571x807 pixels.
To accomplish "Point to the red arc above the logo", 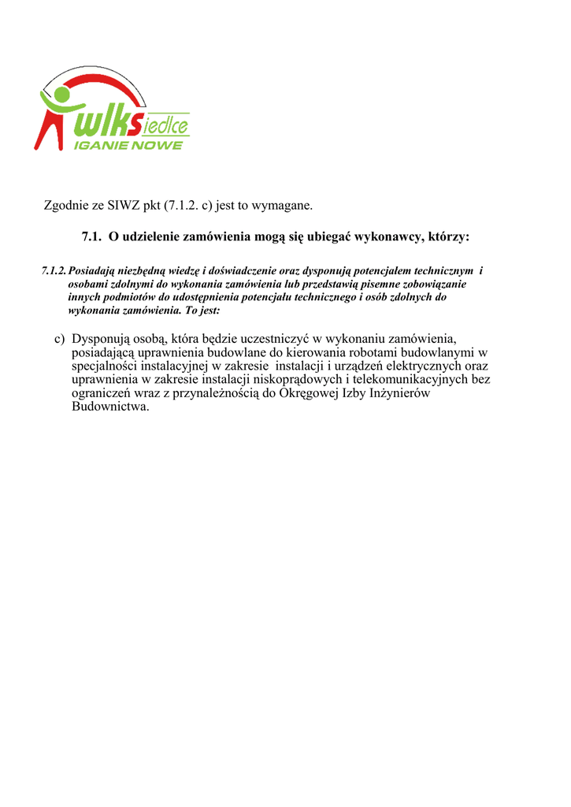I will coord(102,73).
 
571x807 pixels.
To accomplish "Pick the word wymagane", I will coord(282,206).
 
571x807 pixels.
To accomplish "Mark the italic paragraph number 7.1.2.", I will coord(54,270).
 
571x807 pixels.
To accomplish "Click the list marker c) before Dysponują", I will coord(60,339).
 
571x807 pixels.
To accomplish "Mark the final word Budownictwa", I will coord(109,407).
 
